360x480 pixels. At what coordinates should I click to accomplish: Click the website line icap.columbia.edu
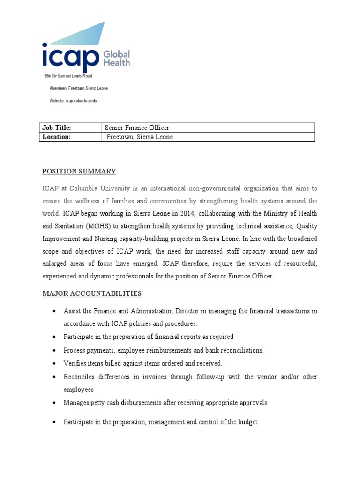pyautogui.click(x=73, y=100)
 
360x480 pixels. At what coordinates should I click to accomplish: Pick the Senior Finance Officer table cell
pyautogui.click(x=208, y=127)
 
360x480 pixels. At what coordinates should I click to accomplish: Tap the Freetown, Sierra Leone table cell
pyautogui.click(x=208, y=137)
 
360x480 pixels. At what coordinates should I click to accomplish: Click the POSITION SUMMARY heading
pyautogui.click(x=79, y=172)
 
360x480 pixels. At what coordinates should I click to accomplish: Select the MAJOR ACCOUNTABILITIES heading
pyautogui.click(x=92, y=294)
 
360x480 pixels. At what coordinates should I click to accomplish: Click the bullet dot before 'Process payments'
pyautogui.click(x=55, y=351)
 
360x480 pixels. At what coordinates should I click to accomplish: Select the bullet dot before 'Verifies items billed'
pyautogui.click(x=55, y=364)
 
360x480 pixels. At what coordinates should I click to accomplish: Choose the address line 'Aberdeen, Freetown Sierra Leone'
pyautogui.click(x=78, y=88)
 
